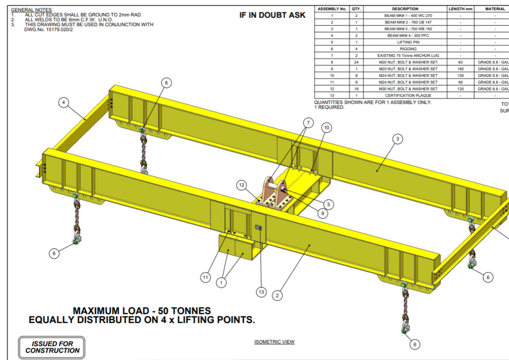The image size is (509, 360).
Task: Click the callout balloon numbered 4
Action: coord(63,103)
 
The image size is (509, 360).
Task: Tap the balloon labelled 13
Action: coord(261,292)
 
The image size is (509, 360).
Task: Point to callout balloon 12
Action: coord(242,185)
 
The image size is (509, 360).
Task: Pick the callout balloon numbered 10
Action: coord(327,128)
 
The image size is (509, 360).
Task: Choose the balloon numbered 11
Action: coord(205,277)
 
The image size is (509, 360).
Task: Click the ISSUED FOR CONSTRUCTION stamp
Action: coord(52,347)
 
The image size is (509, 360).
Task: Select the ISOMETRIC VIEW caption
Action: coord(274,342)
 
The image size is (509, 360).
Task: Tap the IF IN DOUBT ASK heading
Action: coord(272,15)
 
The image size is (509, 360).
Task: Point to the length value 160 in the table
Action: coord(460,69)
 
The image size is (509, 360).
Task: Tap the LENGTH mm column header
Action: coord(460,9)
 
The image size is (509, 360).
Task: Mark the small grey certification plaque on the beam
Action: coord(258,227)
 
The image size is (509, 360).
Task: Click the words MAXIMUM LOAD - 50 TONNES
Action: coord(142,311)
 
